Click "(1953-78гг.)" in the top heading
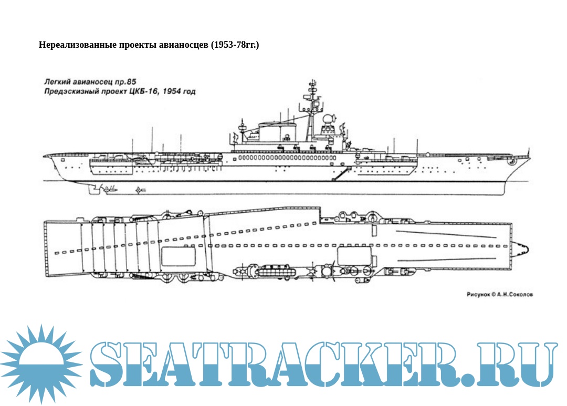[235, 45]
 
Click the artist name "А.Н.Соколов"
[514, 295]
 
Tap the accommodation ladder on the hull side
[341, 173]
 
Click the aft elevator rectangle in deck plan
[177, 256]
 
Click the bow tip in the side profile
[529, 157]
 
